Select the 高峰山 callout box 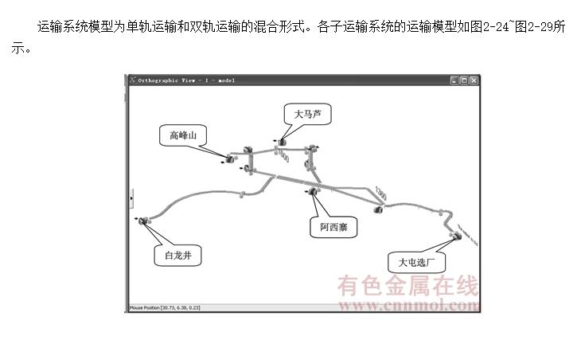click(182, 135)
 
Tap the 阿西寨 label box click(333, 228)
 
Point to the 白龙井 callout click(178, 256)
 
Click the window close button click(474, 80)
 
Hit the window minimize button click(454, 80)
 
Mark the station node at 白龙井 click(145, 221)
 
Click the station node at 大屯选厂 click(457, 236)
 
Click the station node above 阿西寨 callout click(313, 192)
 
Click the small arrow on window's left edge click(131, 198)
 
